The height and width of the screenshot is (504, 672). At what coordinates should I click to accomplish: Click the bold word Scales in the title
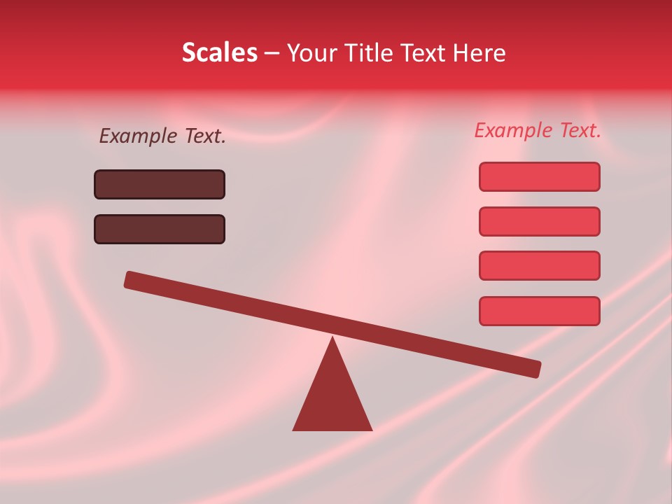pyautogui.click(x=219, y=52)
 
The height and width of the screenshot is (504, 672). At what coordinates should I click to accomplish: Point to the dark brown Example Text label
pyautogui.click(x=162, y=136)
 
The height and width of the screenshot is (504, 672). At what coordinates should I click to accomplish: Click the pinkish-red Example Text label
pyautogui.click(x=538, y=130)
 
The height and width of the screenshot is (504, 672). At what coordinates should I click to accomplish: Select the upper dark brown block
pyautogui.click(x=160, y=184)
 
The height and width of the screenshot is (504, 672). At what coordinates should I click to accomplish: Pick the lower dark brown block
pyautogui.click(x=160, y=229)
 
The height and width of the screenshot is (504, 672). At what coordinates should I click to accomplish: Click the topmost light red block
pyautogui.click(x=540, y=176)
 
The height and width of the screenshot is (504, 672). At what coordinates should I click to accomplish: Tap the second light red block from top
pyautogui.click(x=540, y=221)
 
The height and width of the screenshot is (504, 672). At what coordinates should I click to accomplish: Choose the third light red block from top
pyautogui.click(x=540, y=265)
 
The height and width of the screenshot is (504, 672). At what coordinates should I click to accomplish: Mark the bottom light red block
pyautogui.click(x=540, y=311)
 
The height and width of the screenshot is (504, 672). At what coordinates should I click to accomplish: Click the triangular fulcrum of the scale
pyautogui.click(x=332, y=399)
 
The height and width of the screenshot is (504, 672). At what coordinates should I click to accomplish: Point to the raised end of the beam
pyautogui.click(x=133, y=280)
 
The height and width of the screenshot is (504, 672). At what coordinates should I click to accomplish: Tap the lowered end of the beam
pyautogui.click(x=532, y=368)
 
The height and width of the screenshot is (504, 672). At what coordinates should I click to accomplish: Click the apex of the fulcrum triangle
pyautogui.click(x=332, y=339)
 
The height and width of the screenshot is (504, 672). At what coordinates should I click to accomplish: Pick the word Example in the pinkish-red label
pyautogui.click(x=513, y=130)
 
